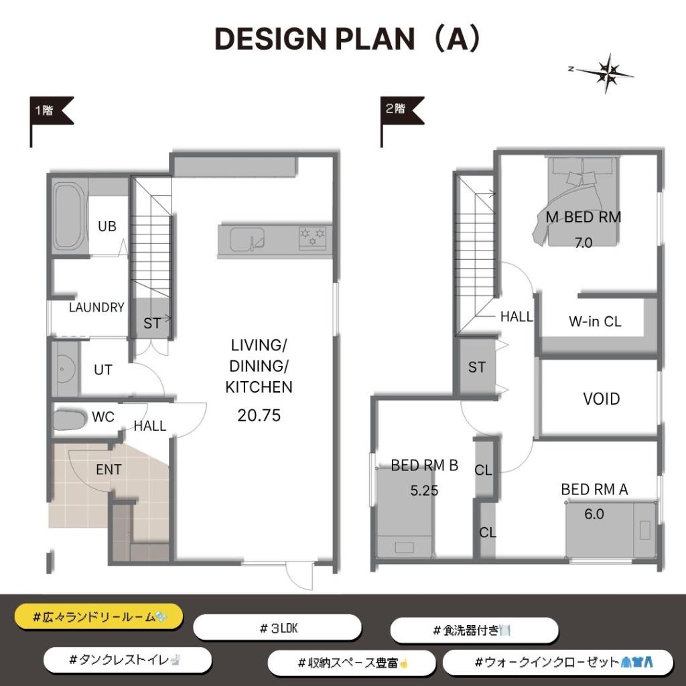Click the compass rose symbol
pyautogui.click(x=606, y=73)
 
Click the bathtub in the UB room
pyautogui.click(x=68, y=216)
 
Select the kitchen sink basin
pyautogui.click(x=247, y=239)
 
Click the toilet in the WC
pyautogui.click(x=70, y=420)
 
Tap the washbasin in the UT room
pyautogui.click(x=64, y=369)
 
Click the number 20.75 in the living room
pyautogui.click(x=259, y=415)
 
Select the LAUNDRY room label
pyautogui.click(x=96, y=307)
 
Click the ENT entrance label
pyautogui.click(x=109, y=470)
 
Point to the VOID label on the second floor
pyautogui.click(x=602, y=399)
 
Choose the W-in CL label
pyautogui.click(x=595, y=322)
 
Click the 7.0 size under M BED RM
pyautogui.click(x=584, y=243)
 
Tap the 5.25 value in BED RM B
pyautogui.click(x=424, y=490)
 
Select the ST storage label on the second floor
pyautogui.click(x=477, y=367)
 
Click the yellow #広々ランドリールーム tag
pyautogui.click(x=99, y=616)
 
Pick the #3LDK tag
pyautogui.click(x=277, y=628)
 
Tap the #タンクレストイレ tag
pyautogui.click(x=127, y=660)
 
